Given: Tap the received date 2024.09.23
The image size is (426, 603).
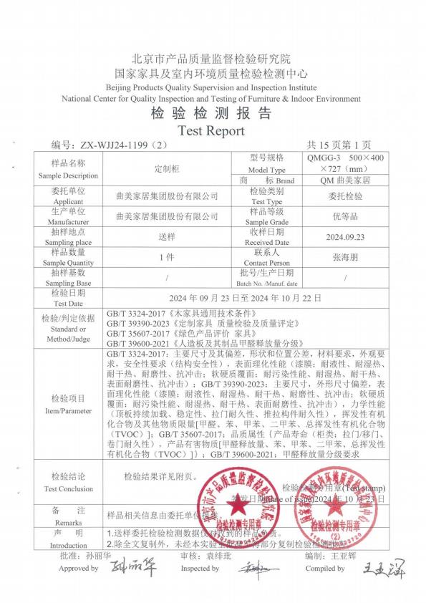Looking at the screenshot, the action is click(x=345, y=237).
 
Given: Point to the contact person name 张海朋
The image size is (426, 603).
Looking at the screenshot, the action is click(x=345, y=257).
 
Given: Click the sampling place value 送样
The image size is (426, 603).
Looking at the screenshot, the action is click(x=167, y=237).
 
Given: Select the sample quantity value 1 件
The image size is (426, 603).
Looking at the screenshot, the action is click(x=167, y=257).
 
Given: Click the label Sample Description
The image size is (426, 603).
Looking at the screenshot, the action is click(x=68, y=175).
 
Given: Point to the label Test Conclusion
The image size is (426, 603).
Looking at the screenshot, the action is click(x=68, y=489).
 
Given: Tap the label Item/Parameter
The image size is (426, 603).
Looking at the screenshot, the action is click(x=68, y=411).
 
